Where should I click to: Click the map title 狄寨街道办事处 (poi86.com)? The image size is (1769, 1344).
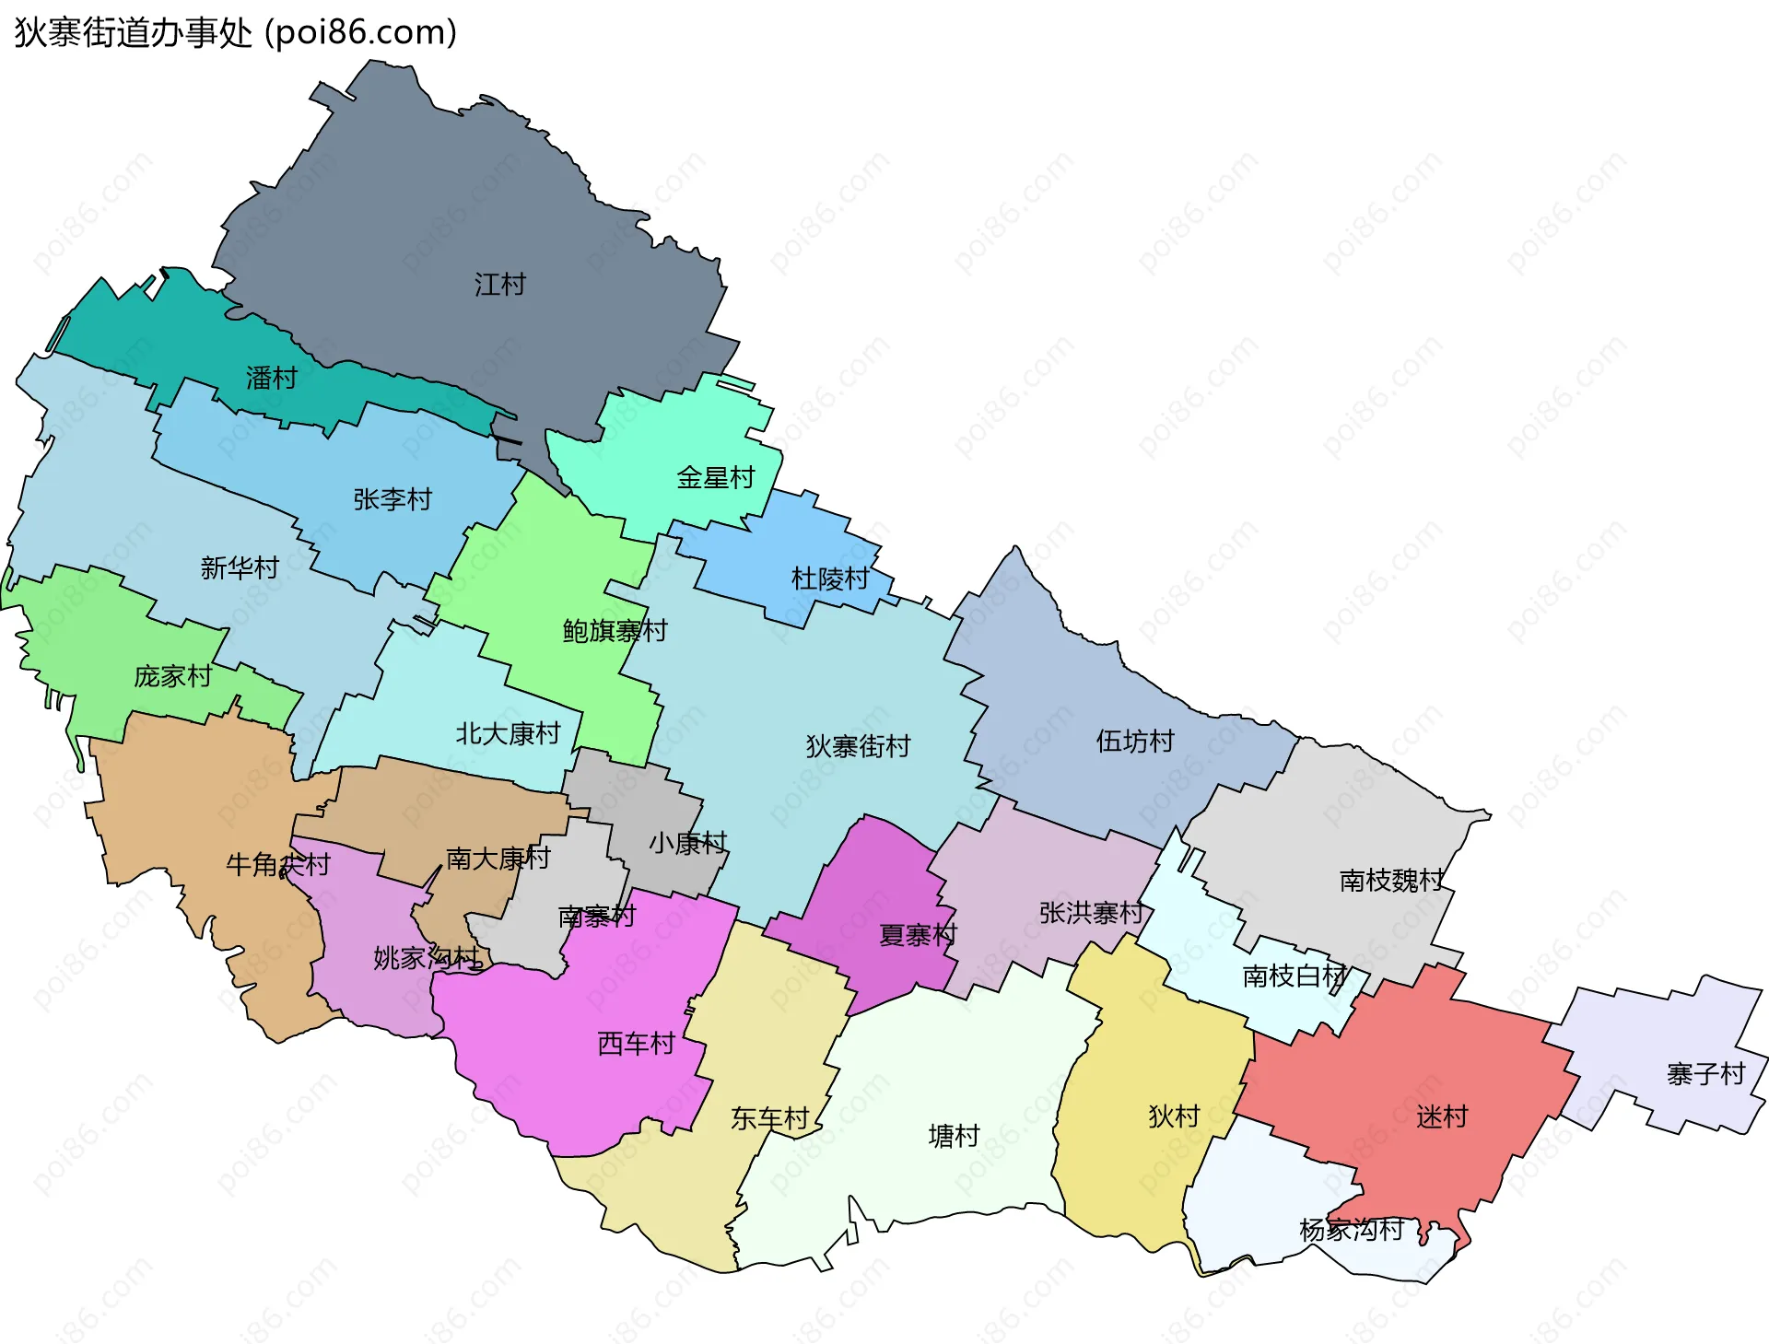coord(236,33)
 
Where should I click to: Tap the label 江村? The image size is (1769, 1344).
coord(500,285)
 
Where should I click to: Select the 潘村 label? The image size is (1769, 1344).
coord(272,378)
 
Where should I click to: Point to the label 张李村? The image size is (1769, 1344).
coord(393,499)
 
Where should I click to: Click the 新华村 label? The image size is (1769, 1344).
coord(240,567)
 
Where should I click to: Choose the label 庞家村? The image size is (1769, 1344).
coord(173,676)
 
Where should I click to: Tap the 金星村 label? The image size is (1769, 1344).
coord(716,477)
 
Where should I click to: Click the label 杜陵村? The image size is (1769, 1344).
coord(830,579)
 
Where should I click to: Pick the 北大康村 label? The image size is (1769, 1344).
coord(509,733)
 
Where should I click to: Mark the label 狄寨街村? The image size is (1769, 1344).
coord(858,746)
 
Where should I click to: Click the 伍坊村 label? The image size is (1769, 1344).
coord(1135,742)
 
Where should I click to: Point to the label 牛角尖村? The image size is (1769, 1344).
coord(278,864)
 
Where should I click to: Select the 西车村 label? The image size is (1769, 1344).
coord(637,1044)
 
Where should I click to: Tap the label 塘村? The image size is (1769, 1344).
coord(954,1136)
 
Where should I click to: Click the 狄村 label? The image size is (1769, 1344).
coord(1174,1116)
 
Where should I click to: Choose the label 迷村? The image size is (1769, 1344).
coord(1442,1117)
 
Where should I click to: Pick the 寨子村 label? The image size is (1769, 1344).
coord(1706,1074)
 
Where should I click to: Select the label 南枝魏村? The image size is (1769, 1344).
coord(1392,881)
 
